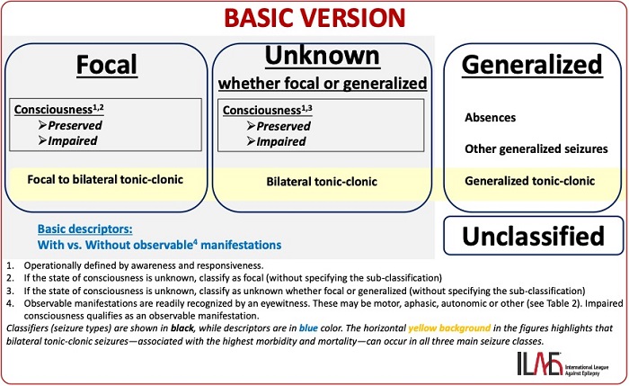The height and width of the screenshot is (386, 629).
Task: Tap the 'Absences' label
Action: (x=490, y=118)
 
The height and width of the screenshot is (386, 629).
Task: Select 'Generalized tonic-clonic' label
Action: (x=529, y=181)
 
